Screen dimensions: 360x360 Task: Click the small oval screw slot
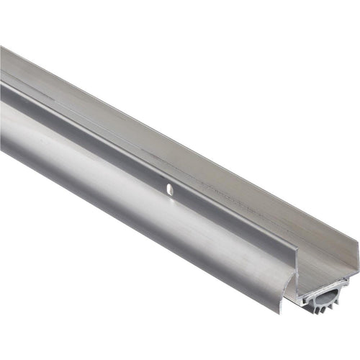(169, 190)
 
